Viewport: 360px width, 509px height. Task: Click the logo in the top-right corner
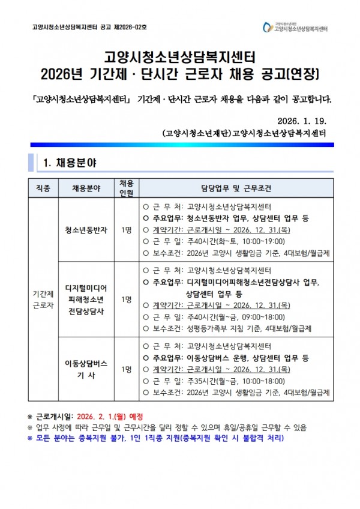point(296,27)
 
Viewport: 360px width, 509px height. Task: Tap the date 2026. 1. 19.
point(304,118)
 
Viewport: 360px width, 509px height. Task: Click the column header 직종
point(43,188)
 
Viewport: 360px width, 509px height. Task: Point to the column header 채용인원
point(126,188)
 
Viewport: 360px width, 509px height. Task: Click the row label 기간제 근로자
point(43,299)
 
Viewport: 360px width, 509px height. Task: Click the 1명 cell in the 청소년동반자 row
point(126,230)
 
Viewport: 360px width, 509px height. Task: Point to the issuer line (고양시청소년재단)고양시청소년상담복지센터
point(248,132)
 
